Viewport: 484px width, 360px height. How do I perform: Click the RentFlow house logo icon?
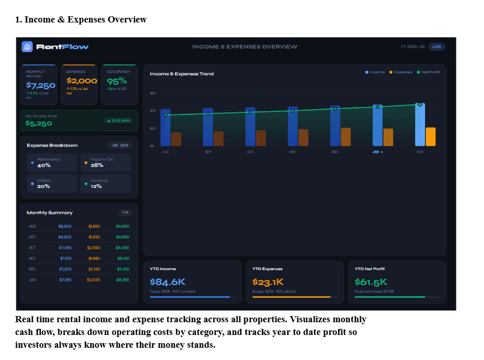[x=27, y=46]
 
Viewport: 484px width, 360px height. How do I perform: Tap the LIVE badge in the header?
[x=436, y=46]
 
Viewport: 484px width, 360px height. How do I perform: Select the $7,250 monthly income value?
[x=41, y=85]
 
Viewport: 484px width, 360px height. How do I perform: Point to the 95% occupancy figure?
[x=117, y=81]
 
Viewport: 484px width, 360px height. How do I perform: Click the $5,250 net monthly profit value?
[x=39, y=124]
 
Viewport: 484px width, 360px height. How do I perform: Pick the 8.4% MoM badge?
[x=119, y=121]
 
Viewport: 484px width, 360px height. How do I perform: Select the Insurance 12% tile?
[x=106, y=183]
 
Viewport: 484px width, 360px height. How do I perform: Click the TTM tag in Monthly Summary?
[x=125, y=212]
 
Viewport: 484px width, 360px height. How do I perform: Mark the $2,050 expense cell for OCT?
[x=94, y=248]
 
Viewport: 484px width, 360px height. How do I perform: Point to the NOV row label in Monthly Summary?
[x=33, y=258]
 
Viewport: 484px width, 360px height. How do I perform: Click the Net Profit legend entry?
[x=428, y=73]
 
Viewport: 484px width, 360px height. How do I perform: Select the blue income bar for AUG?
[x=166, y=128]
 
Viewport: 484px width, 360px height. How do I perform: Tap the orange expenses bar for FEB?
[x=431, y=136]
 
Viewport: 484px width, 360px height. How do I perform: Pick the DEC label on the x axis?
[x=335, y=152]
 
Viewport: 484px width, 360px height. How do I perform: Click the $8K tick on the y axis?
[x=152, y=93]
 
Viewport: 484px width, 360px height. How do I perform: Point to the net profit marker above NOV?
[x=293, y=111]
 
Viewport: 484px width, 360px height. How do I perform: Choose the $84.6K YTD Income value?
[x=168, y=282]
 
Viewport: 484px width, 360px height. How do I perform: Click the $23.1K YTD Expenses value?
[x=268, y=282]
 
